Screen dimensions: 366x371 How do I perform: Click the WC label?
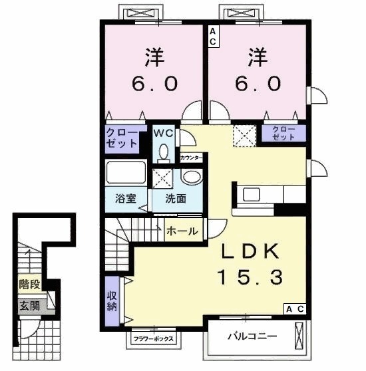click(x=163, y=134)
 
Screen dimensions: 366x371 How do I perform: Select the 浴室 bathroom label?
click(x=126, y=199)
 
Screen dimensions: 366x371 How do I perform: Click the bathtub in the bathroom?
click(x=126, y=172)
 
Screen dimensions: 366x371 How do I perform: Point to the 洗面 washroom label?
click(x=176, y=199)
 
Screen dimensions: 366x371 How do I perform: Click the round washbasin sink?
click(x=193, y=177)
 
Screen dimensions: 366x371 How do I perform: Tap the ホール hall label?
click(x=182, y=231)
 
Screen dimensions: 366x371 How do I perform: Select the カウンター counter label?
click(x=191, y=158)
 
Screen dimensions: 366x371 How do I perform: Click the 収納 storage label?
click(x=112, y=301)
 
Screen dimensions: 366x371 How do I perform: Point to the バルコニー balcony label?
click(x=252, y=336)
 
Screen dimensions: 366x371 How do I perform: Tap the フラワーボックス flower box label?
click(x=154, y=339)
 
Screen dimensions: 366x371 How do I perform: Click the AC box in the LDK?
click(x=295, y=309)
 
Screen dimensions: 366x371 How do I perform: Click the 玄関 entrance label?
click(x=29, y=307)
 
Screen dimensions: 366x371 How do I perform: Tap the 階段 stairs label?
click(x=29, y=284)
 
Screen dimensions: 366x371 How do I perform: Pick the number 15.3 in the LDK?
click(x=250, y=277)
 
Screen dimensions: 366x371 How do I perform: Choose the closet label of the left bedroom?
click(x=122, y=138)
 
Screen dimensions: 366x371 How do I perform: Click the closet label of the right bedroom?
click(x=283, y=134)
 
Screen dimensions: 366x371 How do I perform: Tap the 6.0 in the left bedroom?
click(x=154, y=84)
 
